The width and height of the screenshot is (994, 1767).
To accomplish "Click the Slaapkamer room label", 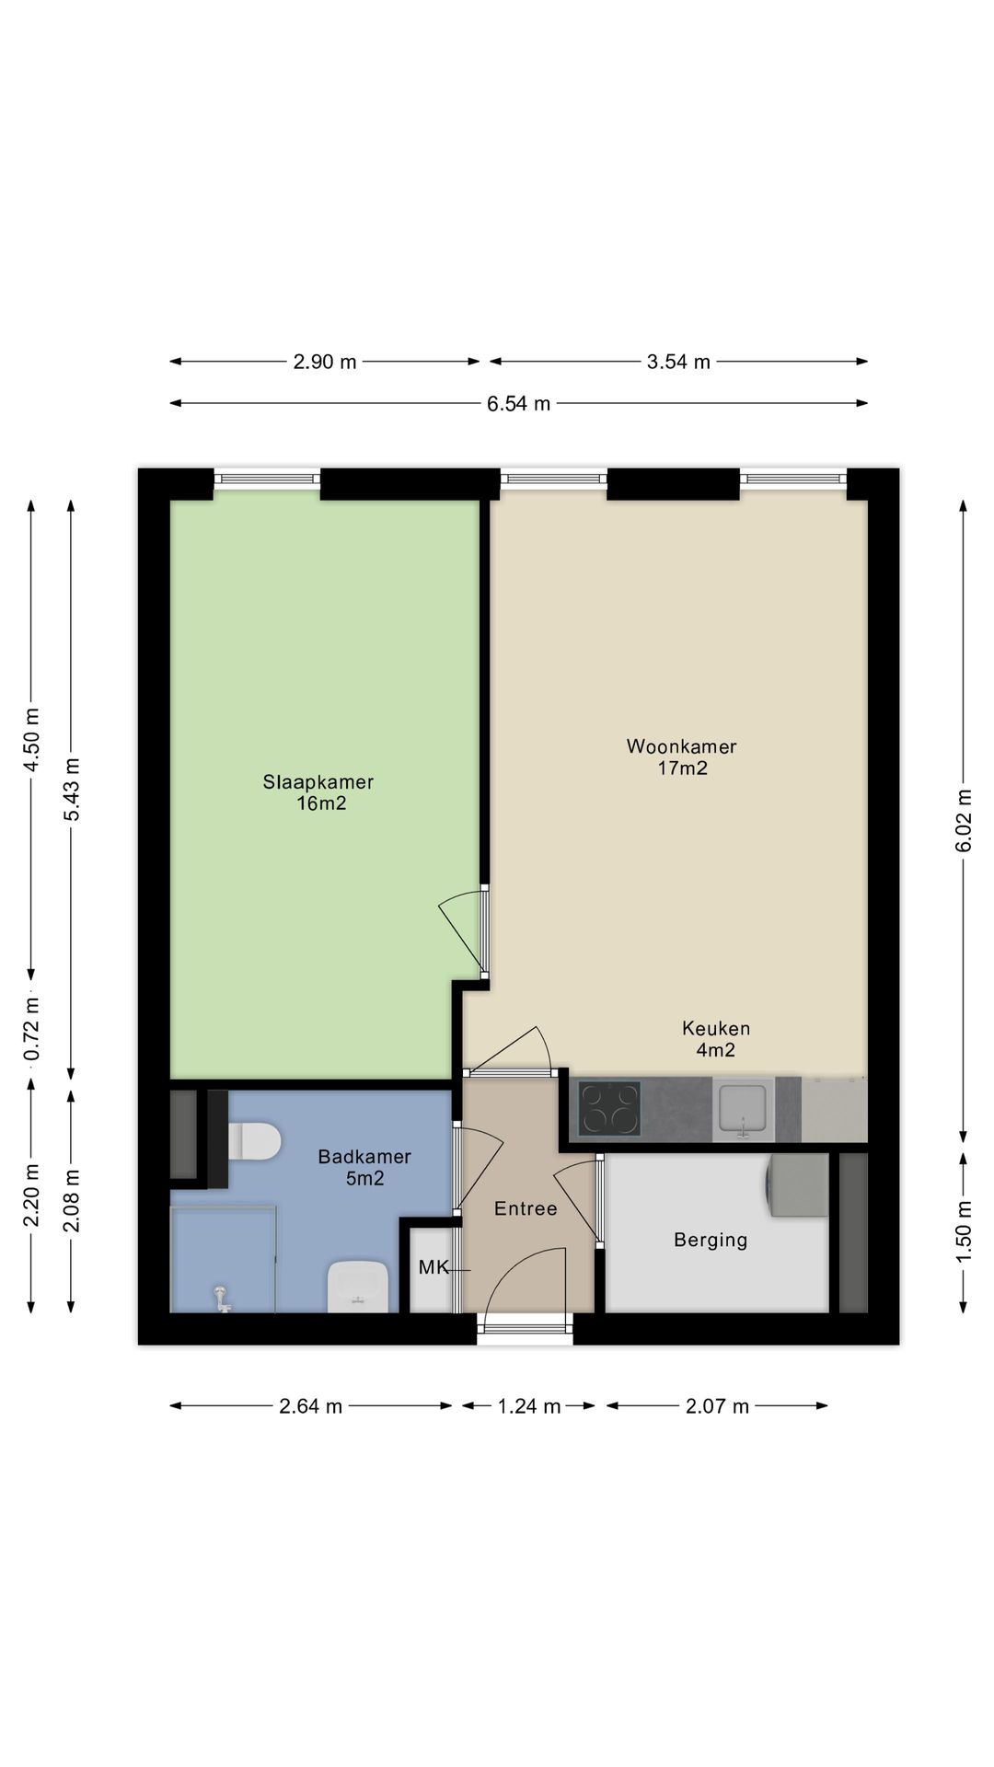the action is point(318,782).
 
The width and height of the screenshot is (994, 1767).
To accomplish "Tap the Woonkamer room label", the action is point(682,746).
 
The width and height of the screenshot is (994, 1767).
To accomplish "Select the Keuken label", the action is point(716,1028).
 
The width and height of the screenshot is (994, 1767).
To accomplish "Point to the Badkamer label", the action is point(364,1157).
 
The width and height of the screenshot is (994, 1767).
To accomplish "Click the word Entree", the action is point(526,1208).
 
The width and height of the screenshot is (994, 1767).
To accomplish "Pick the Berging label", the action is point(711,1241).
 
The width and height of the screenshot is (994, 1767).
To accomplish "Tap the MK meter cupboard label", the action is point(433,1267).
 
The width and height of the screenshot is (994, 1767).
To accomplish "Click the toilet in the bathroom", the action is point(253,1141).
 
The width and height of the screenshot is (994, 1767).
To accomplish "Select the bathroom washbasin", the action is point(357,1286).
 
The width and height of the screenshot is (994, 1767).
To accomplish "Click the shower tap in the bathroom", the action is point(221,1298).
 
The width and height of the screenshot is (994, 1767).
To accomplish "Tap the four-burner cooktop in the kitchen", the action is point(609,1109).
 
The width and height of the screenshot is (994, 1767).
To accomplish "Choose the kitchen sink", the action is point(743,1109).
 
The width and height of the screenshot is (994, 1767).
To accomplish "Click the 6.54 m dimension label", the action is point(519,403).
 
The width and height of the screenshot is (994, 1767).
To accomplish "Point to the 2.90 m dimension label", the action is point(325,362).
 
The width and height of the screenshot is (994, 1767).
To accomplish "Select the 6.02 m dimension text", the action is point(964,821).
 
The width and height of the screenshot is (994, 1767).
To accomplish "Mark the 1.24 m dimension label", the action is point(529,1405).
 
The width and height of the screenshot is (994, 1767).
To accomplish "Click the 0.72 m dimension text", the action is point(31,1028).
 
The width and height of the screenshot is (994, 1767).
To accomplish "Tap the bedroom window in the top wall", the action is point(267,478).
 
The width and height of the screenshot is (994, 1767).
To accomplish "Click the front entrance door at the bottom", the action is point(525,1328).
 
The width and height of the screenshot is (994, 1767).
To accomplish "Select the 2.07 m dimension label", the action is point(718,1405).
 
